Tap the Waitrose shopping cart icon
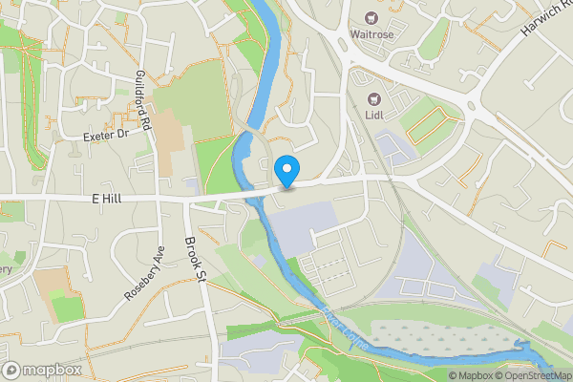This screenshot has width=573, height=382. [371, 17]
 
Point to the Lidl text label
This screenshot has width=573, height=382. [374, 117]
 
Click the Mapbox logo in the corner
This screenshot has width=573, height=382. [41, 370]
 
